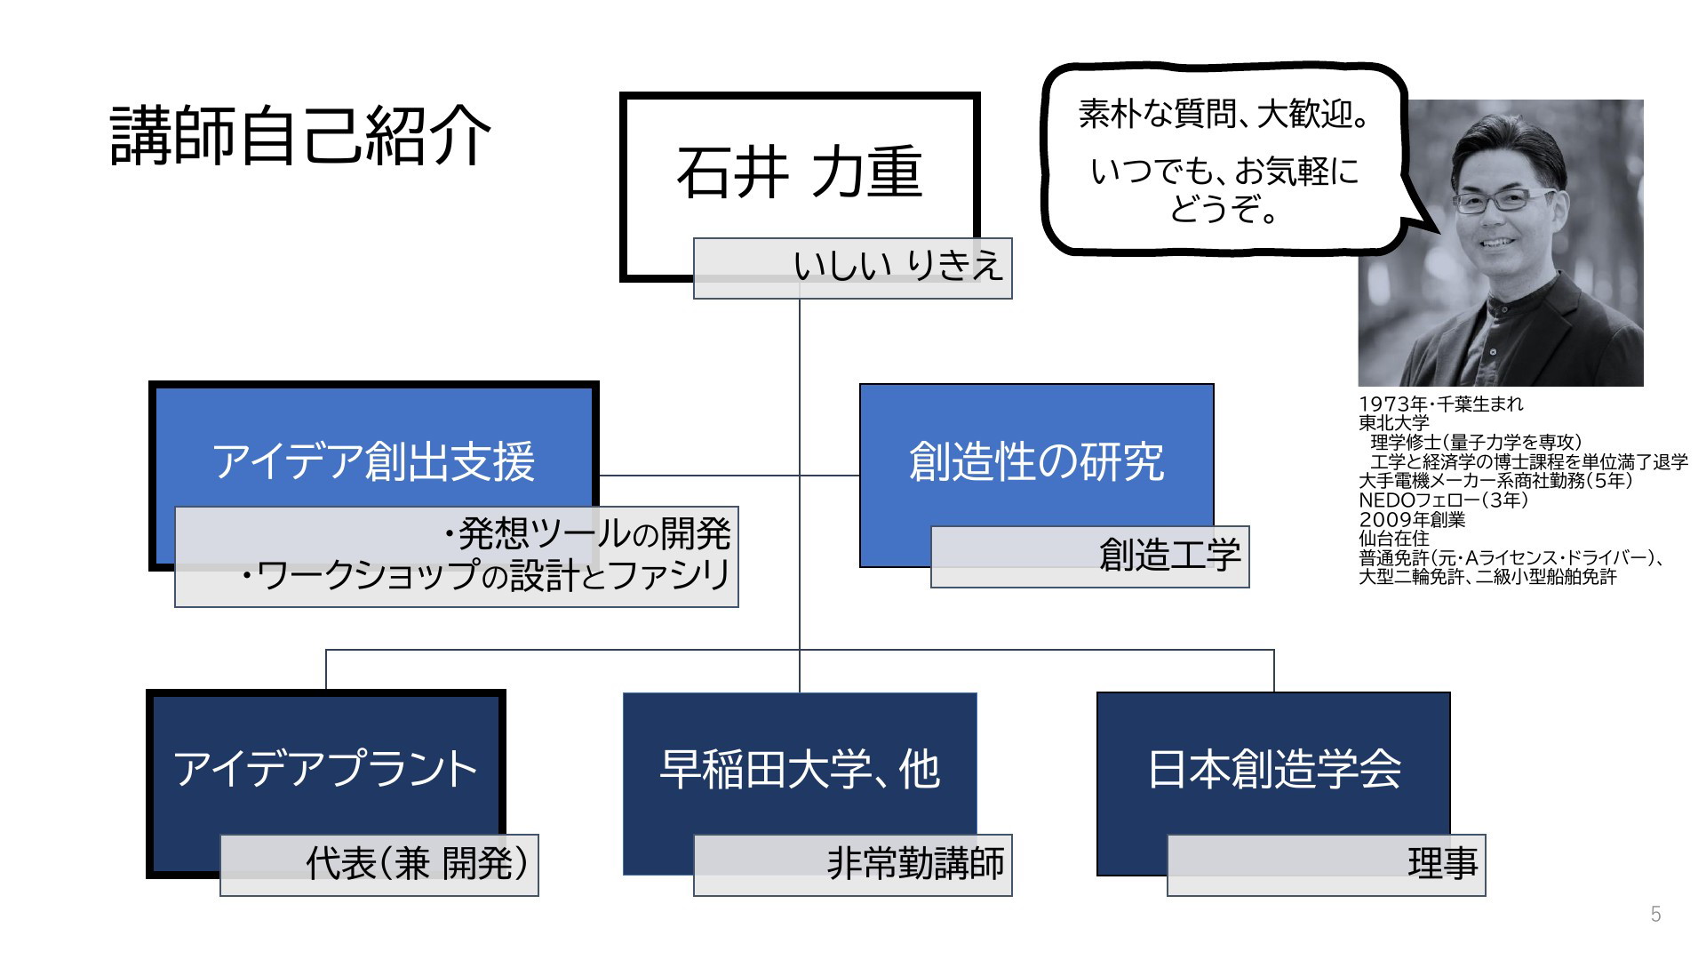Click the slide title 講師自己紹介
click(300, 136)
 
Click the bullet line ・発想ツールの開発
click(587, 533)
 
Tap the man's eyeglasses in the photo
click(1504, 200)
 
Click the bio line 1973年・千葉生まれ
click(1440, 404)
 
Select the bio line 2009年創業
click(1412, 519)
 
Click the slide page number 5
click(1655, 914)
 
